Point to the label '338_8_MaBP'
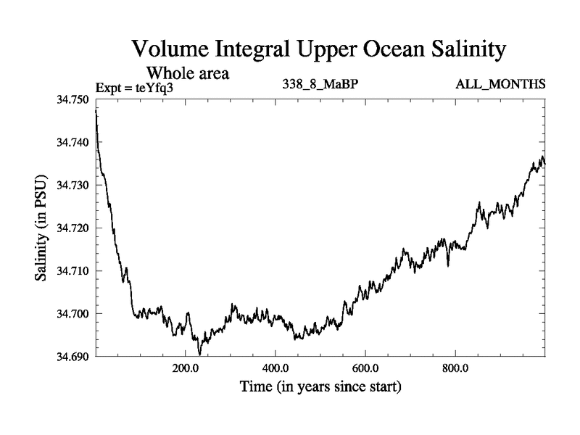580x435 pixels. (x=320, y=86)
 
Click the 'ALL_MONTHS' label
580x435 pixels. (x=500, y=86)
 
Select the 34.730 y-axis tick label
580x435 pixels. (x=72, y=185)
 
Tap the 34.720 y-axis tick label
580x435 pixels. (x=72, y=228)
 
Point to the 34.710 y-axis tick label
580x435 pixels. (x=72, y=270)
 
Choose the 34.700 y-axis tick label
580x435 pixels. (x=72, y=313)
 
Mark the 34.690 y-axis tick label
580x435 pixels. (x=72, y=356)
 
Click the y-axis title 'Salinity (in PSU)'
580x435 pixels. (x=41, y=228)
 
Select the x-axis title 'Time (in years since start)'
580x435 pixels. (x=320, y=387)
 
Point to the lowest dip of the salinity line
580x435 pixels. (x=199, y=353)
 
